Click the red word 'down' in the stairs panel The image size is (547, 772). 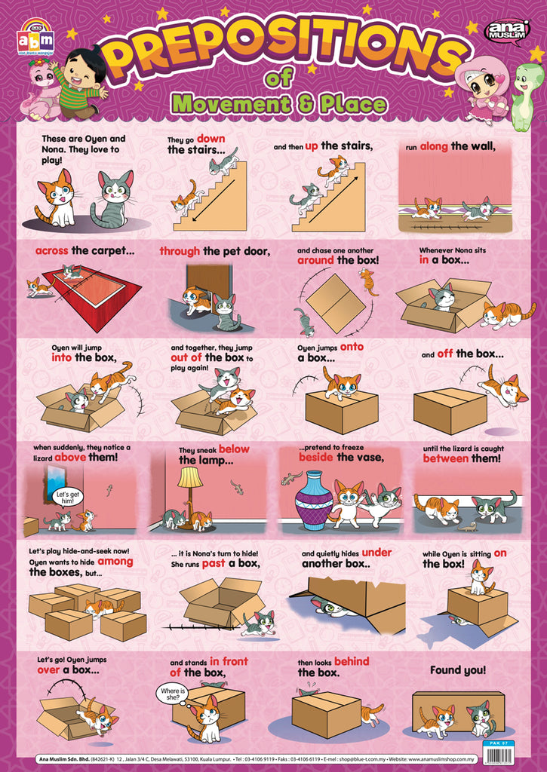coord(211,139)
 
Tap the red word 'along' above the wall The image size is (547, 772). coord(434,146)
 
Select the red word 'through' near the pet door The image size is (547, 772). coord(179,251)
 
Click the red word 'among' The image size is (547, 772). coord(114,561)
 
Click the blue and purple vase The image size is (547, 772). coord(313,501)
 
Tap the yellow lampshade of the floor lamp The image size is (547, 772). coord(190,477)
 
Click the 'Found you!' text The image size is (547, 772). coord(458,669)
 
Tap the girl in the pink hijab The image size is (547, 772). coord(483,89)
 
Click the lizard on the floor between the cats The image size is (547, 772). coord(466,526)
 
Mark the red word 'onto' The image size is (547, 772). coord(352,347)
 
